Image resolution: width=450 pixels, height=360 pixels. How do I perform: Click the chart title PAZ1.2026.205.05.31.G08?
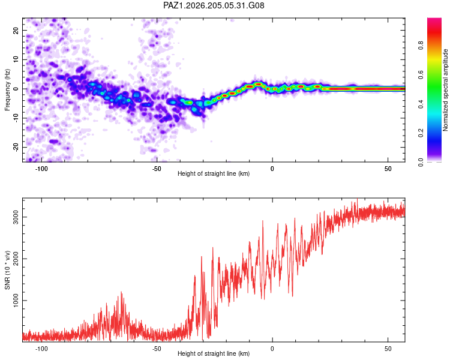(214, 5)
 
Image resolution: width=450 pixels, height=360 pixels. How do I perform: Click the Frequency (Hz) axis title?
(7, 90)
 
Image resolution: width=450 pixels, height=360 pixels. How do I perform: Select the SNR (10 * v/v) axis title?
(7, 270)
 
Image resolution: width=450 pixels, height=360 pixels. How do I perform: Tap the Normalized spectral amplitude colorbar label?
(445, 90)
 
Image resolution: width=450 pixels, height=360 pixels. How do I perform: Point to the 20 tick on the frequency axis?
(16, 30)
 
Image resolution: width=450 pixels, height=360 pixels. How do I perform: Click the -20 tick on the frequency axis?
(16, 147)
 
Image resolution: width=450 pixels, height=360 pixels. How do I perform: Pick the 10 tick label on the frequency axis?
(16, 59)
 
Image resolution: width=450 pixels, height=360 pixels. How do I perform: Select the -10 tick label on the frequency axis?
(16, 118)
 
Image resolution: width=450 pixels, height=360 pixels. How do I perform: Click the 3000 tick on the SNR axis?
(16, 217)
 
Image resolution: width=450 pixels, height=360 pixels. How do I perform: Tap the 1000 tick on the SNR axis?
(16, 301)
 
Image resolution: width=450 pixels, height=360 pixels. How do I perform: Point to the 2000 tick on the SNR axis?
(16, 259)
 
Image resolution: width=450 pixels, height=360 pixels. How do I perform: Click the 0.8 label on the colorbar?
(421, 46)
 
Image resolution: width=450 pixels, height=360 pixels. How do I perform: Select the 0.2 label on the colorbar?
(421, 133)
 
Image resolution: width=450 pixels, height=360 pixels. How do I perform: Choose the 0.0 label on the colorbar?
(421, 162)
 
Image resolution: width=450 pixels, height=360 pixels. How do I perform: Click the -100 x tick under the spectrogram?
(41, 169)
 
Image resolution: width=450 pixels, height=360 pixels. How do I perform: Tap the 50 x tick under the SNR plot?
(388, 349)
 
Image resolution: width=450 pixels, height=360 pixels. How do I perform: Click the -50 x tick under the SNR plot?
(157, 349)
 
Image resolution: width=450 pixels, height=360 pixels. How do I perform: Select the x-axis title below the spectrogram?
(214, 173)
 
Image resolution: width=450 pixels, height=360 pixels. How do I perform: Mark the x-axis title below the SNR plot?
(214, 353)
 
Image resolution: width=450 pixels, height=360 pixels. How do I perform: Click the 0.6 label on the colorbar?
(421, 74)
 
